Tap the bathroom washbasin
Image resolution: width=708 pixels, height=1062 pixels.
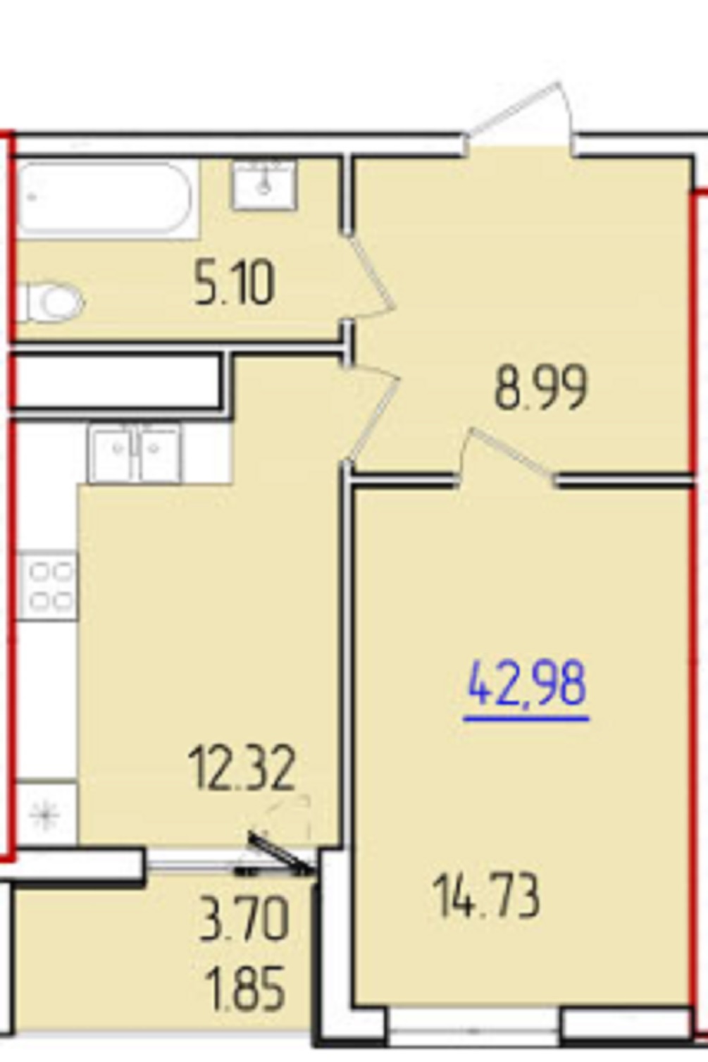[x=264, y=185]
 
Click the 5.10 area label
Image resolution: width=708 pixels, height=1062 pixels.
[x=234, y=284]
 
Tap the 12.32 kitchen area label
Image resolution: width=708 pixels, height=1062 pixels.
[x=242, y=767]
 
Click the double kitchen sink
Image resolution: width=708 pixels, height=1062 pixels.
[x=136, y=452]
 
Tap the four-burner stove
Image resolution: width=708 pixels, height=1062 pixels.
[x=47, y=586]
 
